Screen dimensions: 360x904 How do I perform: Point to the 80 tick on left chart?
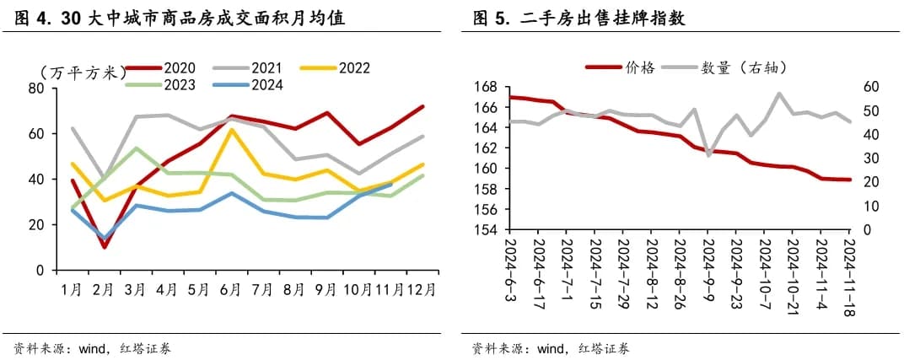pyautogui.click(x=36, y=88)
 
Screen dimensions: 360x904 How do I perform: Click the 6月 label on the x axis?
pyautogui.click(x=229, y=289)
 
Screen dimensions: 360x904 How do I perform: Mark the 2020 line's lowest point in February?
pyautogui.click(x=105, y=247)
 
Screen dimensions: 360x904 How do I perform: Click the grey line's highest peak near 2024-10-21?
pyautogui.click(x=778, y=94)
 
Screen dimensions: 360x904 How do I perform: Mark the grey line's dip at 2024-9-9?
pyautogui.click(x=709, y=155)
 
